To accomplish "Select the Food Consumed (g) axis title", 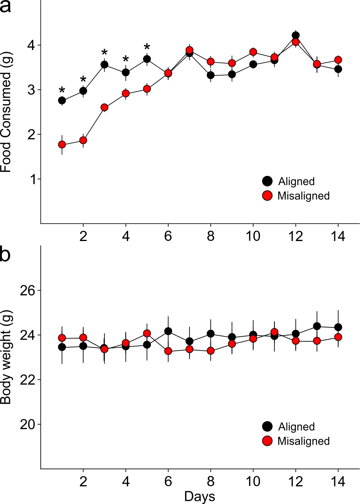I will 6,112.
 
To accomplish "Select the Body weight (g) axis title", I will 6,357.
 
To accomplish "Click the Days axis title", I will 199,496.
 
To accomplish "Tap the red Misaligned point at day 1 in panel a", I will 62,145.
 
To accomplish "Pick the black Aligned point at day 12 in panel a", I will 296,35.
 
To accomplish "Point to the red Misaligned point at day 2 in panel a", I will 83,140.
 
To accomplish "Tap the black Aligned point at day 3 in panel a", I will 104,65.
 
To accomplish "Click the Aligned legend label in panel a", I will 296,182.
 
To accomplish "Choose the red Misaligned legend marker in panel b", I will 267,441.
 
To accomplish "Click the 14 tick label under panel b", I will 338,482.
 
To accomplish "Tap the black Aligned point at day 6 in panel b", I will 168,331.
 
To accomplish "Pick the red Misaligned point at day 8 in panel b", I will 211,351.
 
